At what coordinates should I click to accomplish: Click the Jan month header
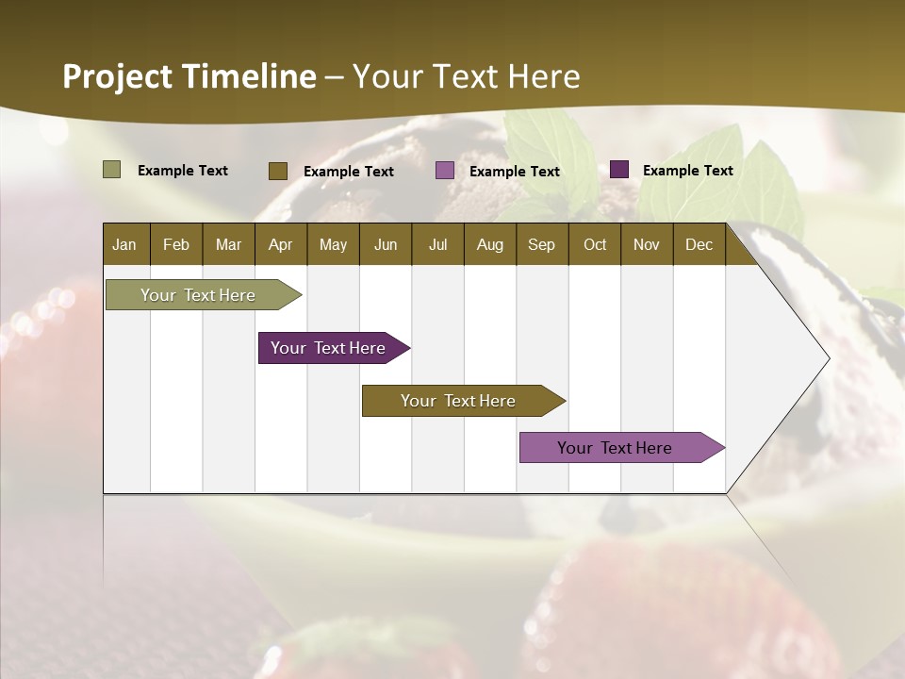[x=124, y=244]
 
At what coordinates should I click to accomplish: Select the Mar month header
[x=228, y=244]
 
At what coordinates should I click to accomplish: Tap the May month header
[x=333, y=244]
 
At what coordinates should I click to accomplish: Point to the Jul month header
[x=437, y=244]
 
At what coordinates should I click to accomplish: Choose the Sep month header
[x=541, y=244]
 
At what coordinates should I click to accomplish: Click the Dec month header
[x=699, y=244]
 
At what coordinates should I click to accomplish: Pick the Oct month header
[x=595, y=244]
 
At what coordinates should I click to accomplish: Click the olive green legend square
[x=111, y=170]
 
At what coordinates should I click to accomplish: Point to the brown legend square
[x=277, y=171]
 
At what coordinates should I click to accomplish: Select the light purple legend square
[x=445, y=171]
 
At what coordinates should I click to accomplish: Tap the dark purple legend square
[x=618, y=170]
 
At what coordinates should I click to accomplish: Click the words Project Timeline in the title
[x=189, y=76]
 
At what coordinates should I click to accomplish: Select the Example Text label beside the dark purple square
[x=687, y=171]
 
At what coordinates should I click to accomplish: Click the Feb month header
[x=176, y=244]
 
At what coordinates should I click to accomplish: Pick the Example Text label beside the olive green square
[x=183, y=171]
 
